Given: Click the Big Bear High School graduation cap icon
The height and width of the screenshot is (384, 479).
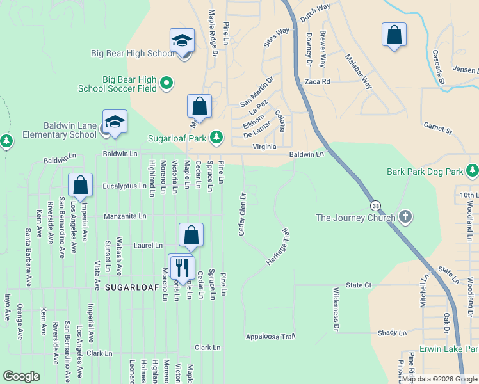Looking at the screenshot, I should click(182, 41).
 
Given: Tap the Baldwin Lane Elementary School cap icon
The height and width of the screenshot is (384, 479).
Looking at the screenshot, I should click(115, 122).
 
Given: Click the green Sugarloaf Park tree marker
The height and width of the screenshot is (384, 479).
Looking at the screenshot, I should click(217, 137).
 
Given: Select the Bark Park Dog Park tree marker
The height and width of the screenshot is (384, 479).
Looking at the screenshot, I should click(473, 171).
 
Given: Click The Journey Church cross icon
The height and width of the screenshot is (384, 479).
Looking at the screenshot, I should click(405, 218).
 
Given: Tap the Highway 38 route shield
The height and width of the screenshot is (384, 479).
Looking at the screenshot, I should click(375, 205).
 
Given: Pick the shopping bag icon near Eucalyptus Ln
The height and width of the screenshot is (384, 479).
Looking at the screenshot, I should click(81, 186).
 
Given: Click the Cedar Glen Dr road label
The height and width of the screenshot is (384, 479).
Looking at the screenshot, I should click(242, 214).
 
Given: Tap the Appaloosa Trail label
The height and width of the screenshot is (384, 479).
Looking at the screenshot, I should click(270, 337).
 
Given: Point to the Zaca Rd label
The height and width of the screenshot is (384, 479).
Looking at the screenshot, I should click(317, 82).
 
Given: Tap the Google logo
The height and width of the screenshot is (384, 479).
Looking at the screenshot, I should click(22, 376).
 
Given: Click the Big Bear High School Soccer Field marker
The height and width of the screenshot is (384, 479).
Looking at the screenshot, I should click(166, 83).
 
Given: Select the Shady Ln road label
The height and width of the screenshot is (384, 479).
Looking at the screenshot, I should click(392, 333).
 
